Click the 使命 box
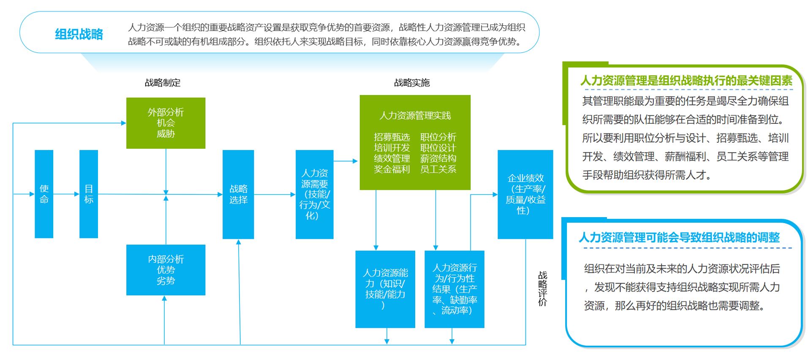(x=44, y=194)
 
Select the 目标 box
(x=89, y=194)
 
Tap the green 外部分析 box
(x=166, y=123)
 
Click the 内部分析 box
(x=166, y=270)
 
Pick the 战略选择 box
(x=238, y=194)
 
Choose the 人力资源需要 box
(x=314, y=194)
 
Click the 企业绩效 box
(x=525, y=194)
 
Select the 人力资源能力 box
(x=385, y=289)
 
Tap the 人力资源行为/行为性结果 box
(x=454, y=289)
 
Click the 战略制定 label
(x=163, y=83)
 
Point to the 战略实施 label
(x=412, y=83)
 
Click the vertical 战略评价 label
(x=542, y=289)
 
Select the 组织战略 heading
(x=79, y=34)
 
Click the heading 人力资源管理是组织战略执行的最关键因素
(x=686, y=81)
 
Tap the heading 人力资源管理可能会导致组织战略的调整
(x=679, y=237)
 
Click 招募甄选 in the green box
(x=392, y=137)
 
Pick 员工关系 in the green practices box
(x=438, y=169)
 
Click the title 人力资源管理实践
(x=415, y=115)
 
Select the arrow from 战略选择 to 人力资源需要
(x=275, y=194)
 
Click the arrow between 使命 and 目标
(x=66, y=194)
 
